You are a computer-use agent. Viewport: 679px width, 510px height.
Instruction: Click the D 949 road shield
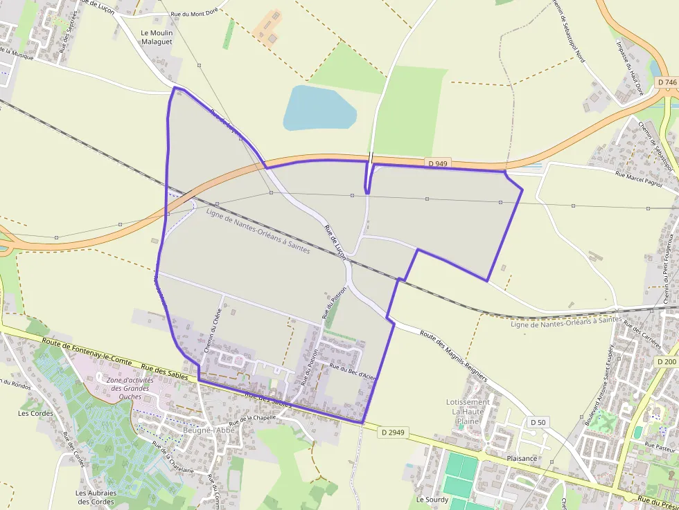(x=438, y=163)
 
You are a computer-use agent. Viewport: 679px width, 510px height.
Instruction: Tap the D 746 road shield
(x=667, y=82)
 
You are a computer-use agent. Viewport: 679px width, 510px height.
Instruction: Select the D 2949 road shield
(x=393, y=432)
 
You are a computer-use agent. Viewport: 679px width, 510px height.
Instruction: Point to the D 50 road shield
(x=538, y=422)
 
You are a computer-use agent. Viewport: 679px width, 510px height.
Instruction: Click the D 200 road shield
(x=667, y=362)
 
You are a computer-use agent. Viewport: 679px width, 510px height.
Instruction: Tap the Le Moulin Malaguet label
(x=157, y=37)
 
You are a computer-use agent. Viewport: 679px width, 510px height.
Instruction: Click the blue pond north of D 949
(x=318, y=109)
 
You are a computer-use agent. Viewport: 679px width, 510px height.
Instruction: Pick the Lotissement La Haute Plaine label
(x=468, y=411)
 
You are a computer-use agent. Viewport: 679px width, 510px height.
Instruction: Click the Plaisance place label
(x=522, y=458)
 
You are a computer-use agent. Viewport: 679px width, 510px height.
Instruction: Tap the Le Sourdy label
(x=432, y=499)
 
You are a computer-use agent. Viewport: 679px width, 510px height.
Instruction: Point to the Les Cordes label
(x=35, y=413)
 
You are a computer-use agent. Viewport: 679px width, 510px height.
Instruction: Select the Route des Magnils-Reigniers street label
(x=453, y=356)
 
